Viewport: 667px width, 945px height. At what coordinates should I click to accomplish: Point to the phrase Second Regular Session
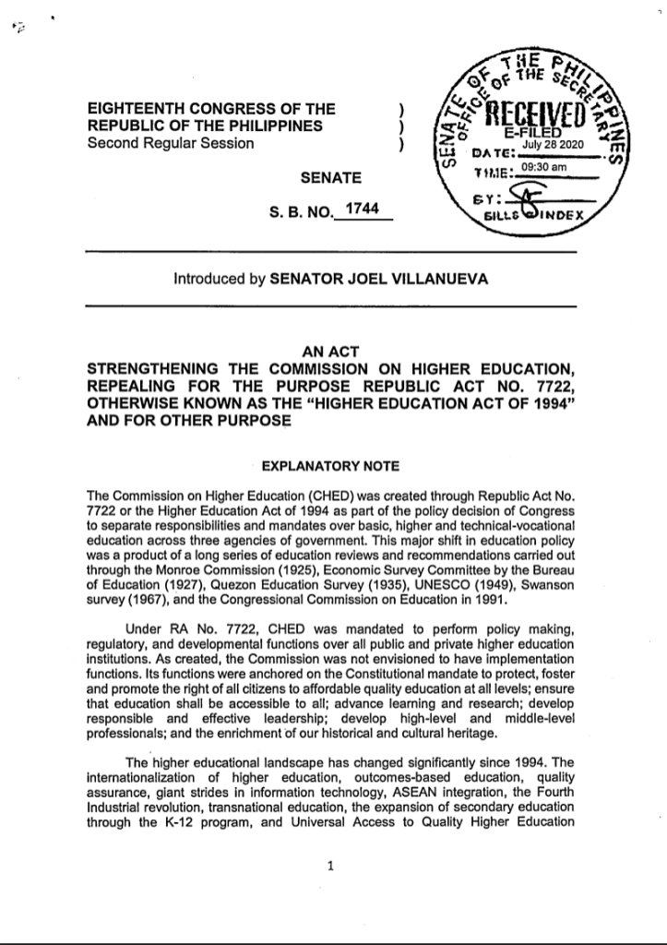[x=170, y=143]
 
